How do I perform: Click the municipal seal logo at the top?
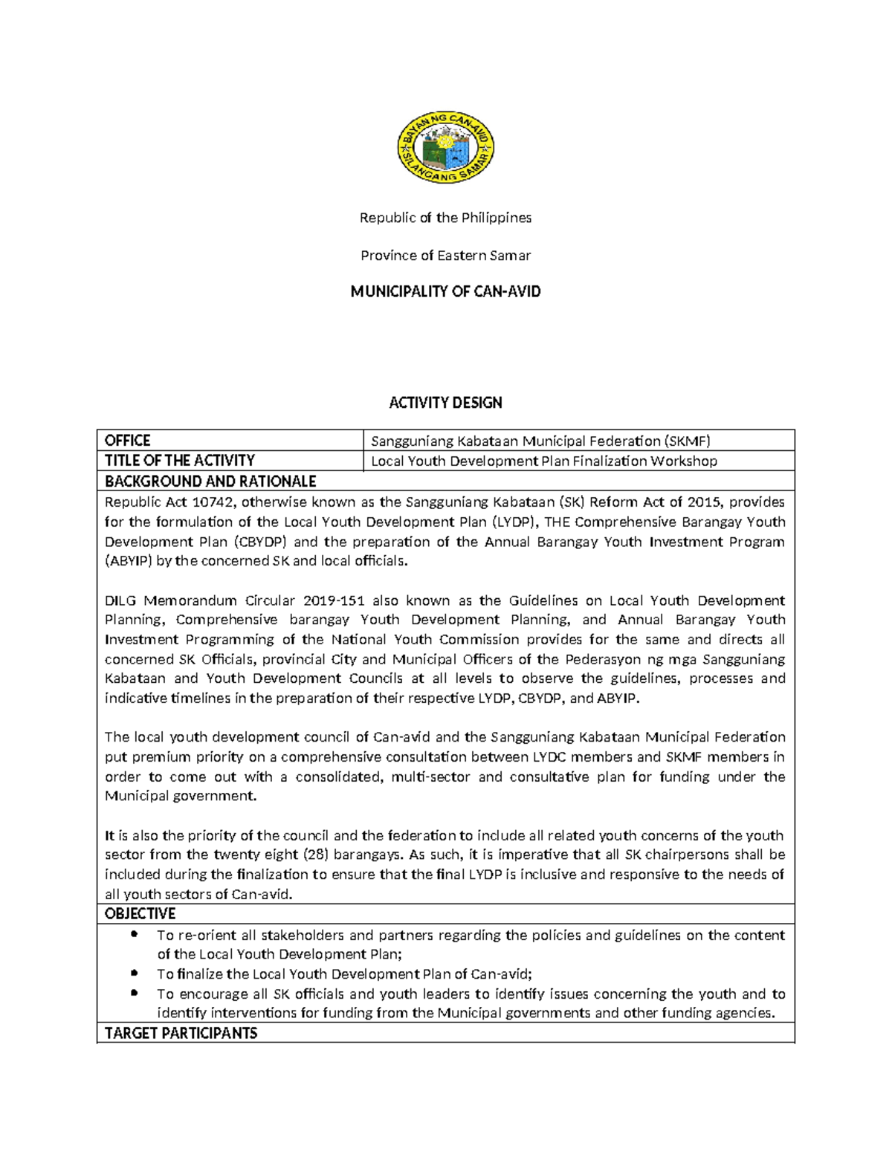(x=445, y=149)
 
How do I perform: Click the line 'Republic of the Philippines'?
(x=445, y=218)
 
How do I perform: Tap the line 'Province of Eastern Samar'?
(x=445, y=256)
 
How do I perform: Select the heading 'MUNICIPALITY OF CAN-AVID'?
(x=445, y=292)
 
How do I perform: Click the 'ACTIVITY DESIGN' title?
(x=445, y=403)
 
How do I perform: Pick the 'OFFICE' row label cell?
(x=128, y=441)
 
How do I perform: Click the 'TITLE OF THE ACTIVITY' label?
(x=180, y=461)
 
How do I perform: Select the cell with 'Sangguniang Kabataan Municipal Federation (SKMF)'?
(x=540, y=441)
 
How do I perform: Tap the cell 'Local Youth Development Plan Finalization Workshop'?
(x=543, y=461)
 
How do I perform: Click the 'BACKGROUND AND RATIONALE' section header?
(x=210, y=481)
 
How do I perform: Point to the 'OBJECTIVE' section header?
(x=140, y=913)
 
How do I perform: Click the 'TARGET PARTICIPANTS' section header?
(x=181, y=1033)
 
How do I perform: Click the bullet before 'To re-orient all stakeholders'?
(x=134, y=934)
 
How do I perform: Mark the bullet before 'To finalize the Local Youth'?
(x=134, y=973)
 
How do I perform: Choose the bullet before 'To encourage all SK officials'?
(x=134, y=993)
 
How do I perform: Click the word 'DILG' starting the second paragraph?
(x=120, y=600)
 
